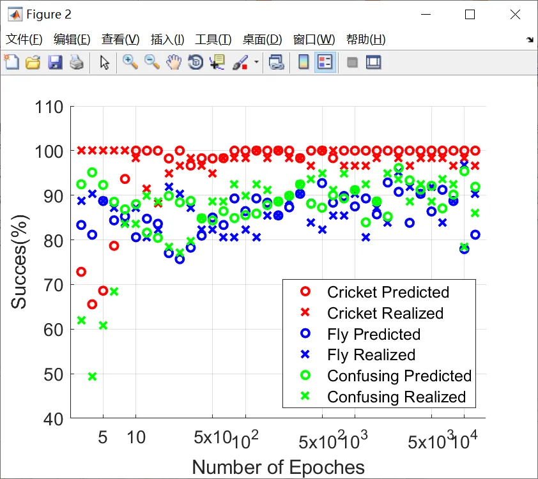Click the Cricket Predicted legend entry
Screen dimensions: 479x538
pos(388,293)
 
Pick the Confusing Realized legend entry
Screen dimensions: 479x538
pos(396,397)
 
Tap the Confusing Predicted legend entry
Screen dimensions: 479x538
pos(399,376)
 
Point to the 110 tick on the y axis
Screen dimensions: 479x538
pos(49,107)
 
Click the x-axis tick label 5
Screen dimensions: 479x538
pos(103,439)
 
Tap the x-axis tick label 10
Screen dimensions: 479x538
pos(135,439)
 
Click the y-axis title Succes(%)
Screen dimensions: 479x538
pos(20,262)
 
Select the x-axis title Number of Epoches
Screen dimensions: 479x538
pos(278,467)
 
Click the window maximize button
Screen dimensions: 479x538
pos(470,14)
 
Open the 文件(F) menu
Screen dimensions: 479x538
pos(24,39)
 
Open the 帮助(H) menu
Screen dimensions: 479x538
pos(365,39)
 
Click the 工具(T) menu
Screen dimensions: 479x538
pos(213,39)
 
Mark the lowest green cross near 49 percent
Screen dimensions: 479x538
pos(92,376)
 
